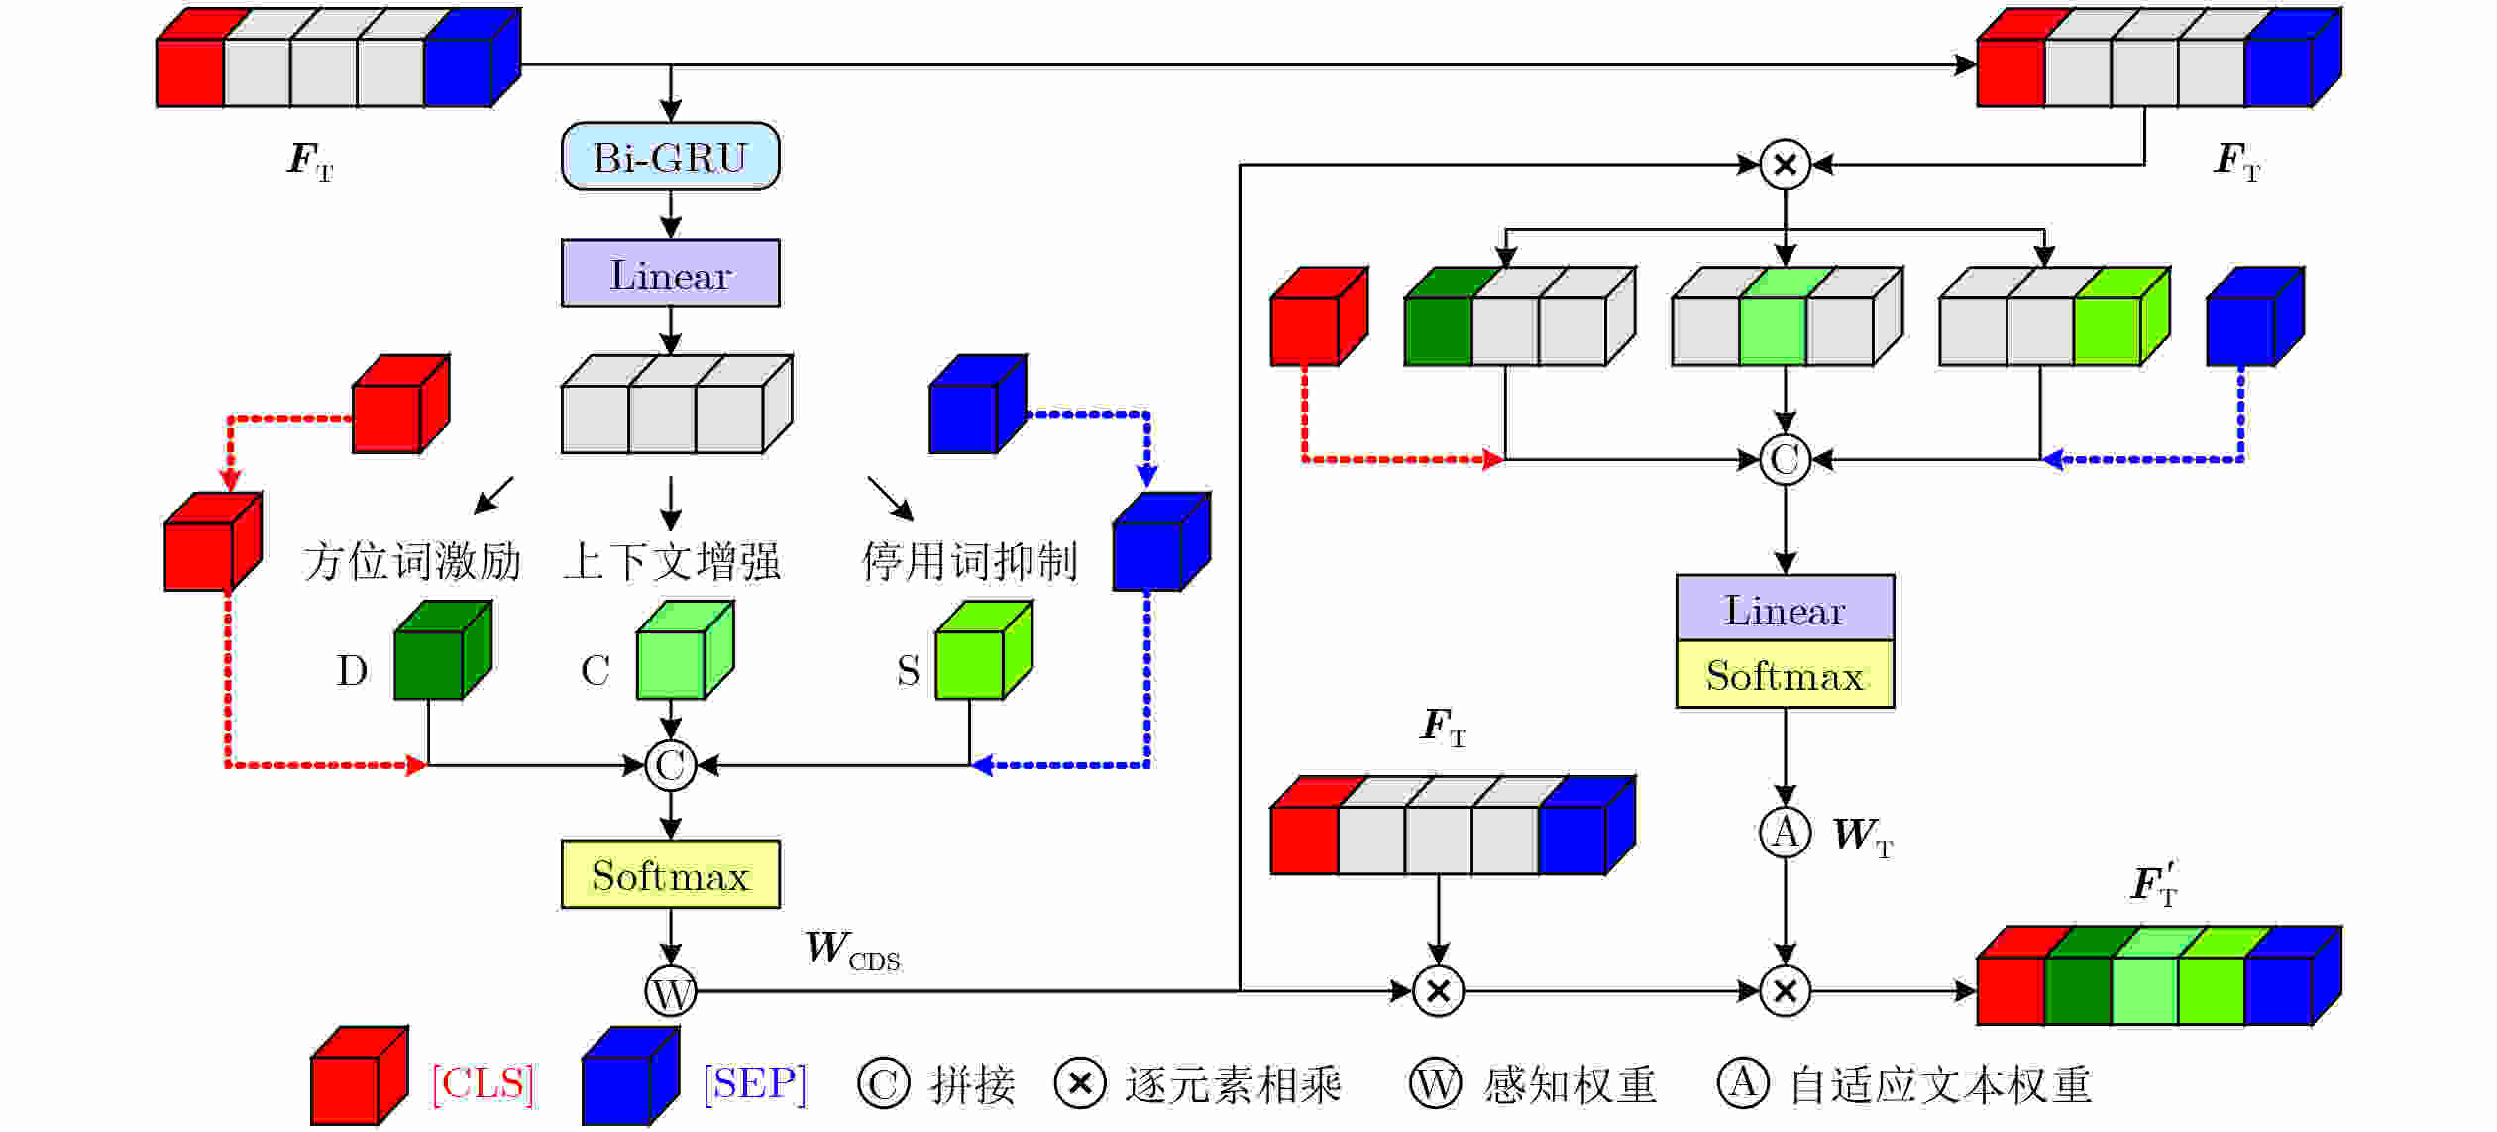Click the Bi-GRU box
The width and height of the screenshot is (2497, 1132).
click(x=670, y=157)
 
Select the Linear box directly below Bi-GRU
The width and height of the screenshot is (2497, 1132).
click(x=670, y=274)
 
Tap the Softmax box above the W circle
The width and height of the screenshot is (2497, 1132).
click(x=670, y=874)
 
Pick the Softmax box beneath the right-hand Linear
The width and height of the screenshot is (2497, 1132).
click(x=1785, y=675)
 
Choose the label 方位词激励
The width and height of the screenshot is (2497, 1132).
click(x=412, y=561)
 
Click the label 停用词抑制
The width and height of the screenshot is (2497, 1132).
click(x=969, y=561)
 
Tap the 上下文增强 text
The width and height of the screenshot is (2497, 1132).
click(x=672, y=561)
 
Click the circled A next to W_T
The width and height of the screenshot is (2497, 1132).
click(x=1785, y=832)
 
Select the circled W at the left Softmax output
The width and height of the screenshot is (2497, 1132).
click(x=671, y=991)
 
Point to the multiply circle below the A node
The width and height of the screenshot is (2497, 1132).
click(x=1785, y=991)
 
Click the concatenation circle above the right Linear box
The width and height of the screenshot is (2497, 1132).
click(x=1785, y=460)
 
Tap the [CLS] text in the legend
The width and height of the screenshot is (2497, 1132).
click(x=484, y=1083)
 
